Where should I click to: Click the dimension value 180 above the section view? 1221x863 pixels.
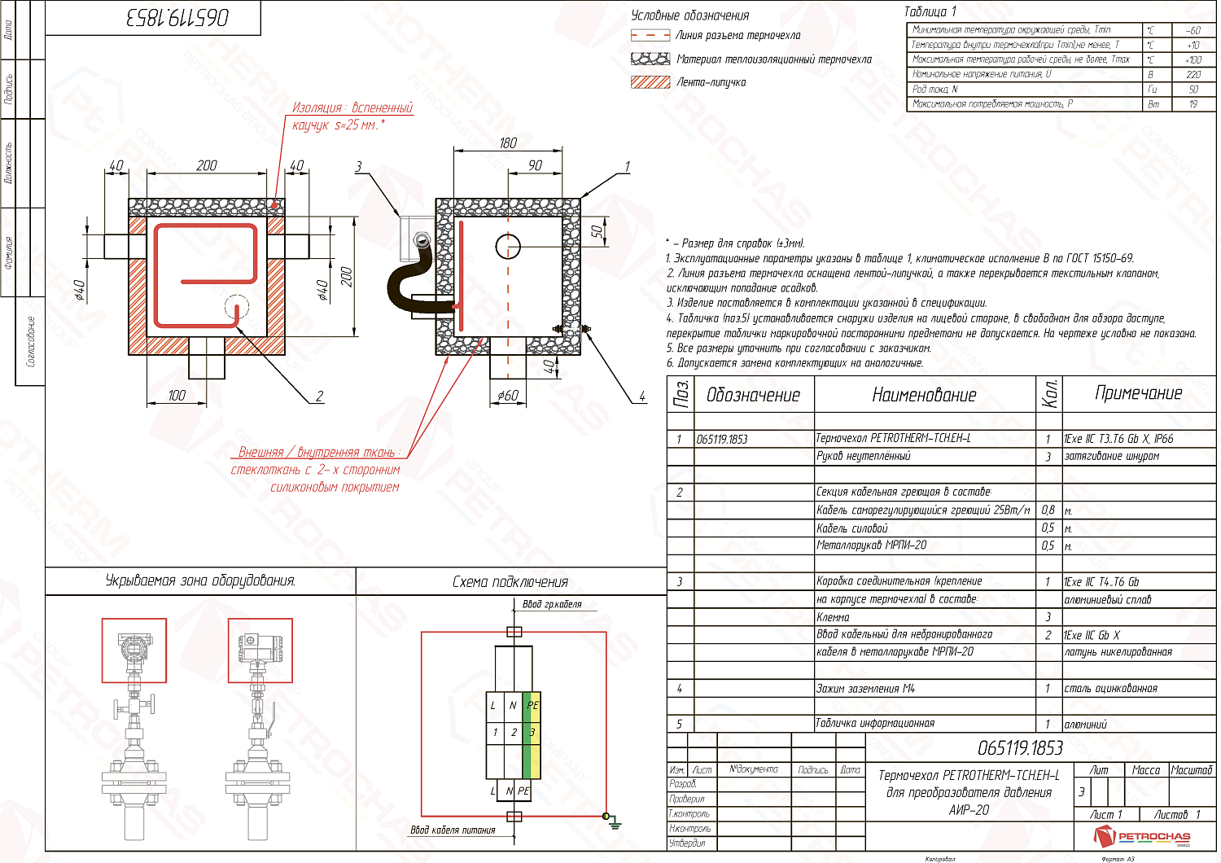pos(508,143)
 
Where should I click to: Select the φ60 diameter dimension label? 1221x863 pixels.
pos(508,396)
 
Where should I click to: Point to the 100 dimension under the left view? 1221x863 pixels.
pos(177,396)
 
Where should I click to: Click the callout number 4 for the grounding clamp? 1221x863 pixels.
pos(642,396)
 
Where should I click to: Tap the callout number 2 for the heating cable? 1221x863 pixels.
pos(320,396)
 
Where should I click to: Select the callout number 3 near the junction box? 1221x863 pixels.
pos(358,167)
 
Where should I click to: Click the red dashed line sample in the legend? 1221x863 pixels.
pos(650,36)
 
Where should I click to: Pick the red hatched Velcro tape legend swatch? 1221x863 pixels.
pos(650,82)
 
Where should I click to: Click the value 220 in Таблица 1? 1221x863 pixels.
pos(1193,75)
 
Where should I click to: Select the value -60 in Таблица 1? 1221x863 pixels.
pos(1193,30)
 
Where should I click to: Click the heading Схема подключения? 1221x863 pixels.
pos(510,582)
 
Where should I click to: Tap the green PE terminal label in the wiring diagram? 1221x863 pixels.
pos(532,706)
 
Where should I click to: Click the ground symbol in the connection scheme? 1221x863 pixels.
pos(615,825)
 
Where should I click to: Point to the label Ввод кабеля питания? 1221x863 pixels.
pos(453,830)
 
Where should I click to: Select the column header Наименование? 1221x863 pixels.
pos(924,396)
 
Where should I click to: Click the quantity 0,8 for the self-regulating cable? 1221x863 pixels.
pos(1048,510)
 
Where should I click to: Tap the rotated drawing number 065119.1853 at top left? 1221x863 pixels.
pos(177,18)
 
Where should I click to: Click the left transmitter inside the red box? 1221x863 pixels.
pos(133,649)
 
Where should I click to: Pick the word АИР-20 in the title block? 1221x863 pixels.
pos(969,810)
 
